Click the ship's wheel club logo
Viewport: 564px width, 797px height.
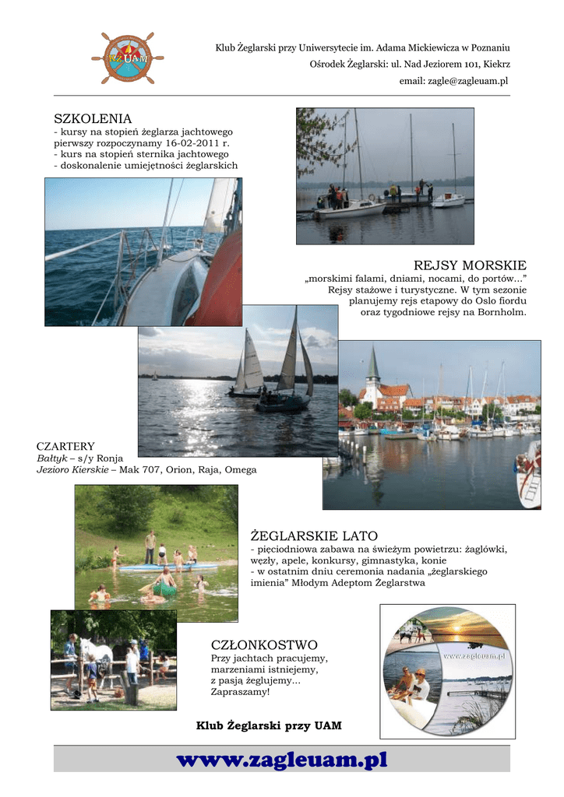127,58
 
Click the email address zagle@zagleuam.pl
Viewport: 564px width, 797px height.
453,81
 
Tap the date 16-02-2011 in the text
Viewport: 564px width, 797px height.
187,144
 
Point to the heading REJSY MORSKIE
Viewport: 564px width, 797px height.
470,266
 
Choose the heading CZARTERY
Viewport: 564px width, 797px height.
65,447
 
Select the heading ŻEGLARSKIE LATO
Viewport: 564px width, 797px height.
314,536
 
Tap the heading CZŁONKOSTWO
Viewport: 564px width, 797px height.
264,645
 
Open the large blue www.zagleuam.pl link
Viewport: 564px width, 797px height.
282,760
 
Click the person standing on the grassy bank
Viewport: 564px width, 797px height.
150,546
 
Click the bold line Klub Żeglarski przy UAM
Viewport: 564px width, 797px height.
269,726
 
